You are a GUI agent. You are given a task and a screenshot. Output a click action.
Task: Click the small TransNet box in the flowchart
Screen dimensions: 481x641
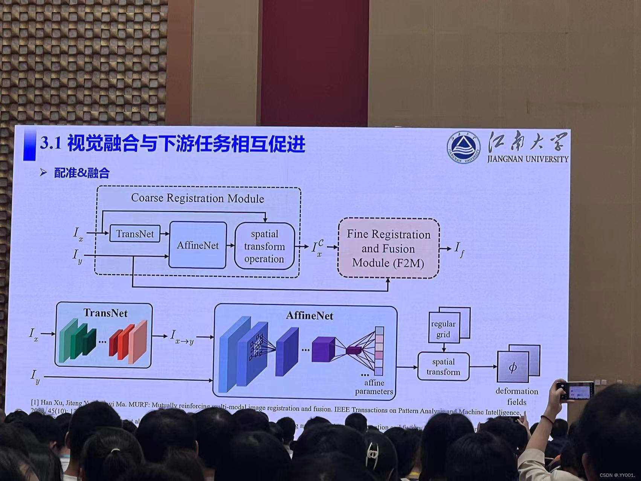coord(134,234)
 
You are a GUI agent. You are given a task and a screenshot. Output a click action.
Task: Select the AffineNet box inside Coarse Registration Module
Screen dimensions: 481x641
coord(198,245)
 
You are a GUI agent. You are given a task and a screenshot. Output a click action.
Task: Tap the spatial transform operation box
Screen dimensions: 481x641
coord(264,246)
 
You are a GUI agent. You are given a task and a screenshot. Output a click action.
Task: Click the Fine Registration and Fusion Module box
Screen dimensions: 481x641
coord(388,248)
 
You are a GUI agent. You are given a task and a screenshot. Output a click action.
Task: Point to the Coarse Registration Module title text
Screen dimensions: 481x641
coord(197,198)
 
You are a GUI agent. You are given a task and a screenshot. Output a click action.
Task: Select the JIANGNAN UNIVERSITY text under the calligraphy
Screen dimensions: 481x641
coord(528,159)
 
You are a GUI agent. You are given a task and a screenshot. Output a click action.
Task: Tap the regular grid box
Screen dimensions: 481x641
coord(444,329)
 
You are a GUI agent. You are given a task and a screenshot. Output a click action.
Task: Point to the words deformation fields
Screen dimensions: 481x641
coord(517,396)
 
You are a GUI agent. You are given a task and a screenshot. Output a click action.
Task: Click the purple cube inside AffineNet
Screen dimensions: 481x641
coord(323,349)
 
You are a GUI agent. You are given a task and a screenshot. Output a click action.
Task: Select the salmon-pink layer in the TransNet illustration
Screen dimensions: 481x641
coord(138,342)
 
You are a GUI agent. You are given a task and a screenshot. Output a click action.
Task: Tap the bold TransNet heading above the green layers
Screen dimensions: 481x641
coord(105,313)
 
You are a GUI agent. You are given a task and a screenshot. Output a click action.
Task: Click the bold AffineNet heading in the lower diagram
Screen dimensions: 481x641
coord(310,316)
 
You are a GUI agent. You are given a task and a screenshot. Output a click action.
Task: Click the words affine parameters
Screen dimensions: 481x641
coord(374,387)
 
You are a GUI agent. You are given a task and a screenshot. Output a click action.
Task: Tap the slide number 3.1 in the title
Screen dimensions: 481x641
coord(50,144)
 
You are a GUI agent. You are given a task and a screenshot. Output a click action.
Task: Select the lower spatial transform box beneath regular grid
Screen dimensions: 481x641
coord(443,367)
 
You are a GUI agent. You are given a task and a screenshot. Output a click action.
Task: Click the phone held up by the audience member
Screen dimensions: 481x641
coord(575,391)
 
